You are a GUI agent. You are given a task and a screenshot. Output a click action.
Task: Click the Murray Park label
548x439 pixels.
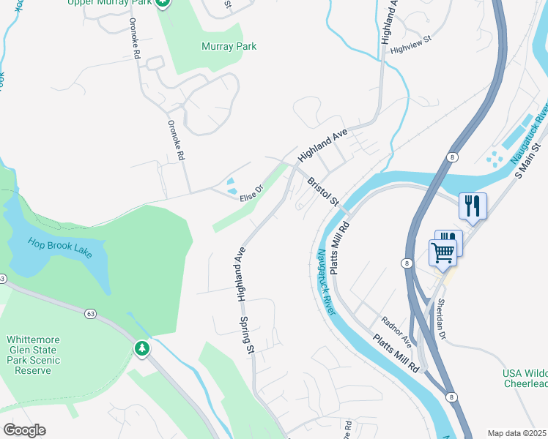point(229,46)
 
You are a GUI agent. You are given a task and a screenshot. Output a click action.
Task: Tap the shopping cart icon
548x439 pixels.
point(443,252)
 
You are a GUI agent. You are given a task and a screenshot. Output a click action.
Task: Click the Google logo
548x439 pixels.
point(24,430)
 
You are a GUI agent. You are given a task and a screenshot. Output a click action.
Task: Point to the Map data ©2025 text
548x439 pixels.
point(516,433)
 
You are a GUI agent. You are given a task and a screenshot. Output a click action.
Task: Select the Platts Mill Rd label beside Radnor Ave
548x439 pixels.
point(396,353)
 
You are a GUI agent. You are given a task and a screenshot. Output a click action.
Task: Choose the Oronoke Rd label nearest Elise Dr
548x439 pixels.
point(177,140)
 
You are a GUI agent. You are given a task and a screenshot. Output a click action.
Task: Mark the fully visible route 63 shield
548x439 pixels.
point(90,314)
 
